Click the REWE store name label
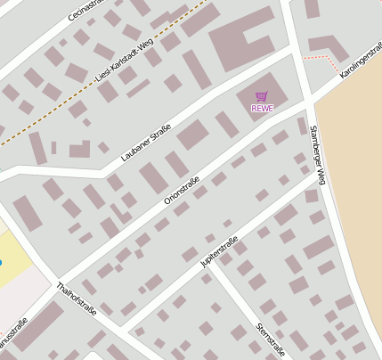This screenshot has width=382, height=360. [x=263, y=109]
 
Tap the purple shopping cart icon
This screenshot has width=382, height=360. [x=262, y=96]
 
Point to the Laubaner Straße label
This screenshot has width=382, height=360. [x=145, y=143]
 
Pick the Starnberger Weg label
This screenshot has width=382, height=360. [x=318, y=155]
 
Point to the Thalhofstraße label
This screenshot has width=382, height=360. [x=75, y=299]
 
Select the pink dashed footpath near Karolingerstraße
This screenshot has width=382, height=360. [x=322, y=58]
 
